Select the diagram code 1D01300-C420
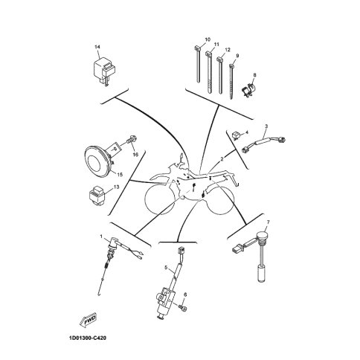[89, 338]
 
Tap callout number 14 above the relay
[97, 47]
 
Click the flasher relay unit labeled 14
[105, 69]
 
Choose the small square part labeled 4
[235, 135]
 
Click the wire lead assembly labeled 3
[263, 144]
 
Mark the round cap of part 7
[263, 235]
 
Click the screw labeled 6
[183, 308]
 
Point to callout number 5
[166, 268]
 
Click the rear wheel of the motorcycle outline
[221, 201]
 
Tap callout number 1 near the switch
[101, 236]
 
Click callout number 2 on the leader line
[222, 159]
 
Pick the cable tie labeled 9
[231, 82]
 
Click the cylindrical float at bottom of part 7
[262, 273]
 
